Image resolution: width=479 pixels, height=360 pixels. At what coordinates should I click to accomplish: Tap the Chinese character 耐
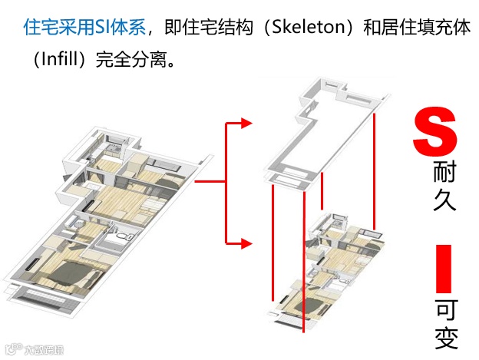pyautogui.click(x=445, y=174)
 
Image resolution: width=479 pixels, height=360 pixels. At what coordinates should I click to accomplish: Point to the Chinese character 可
pyautogui.click(x=446, y=311)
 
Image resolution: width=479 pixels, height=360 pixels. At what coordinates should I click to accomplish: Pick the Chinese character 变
pyautogui.click(x=446, y=339)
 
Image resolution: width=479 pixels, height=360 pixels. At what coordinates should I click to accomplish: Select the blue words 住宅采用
pyautogui.click(x=58, y=28)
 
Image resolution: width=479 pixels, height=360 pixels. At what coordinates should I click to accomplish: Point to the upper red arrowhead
pyautogui.click(x=246, y=123)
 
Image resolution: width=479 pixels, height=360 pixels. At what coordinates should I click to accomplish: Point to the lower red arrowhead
pyautogui.click(x=246, y=244)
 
